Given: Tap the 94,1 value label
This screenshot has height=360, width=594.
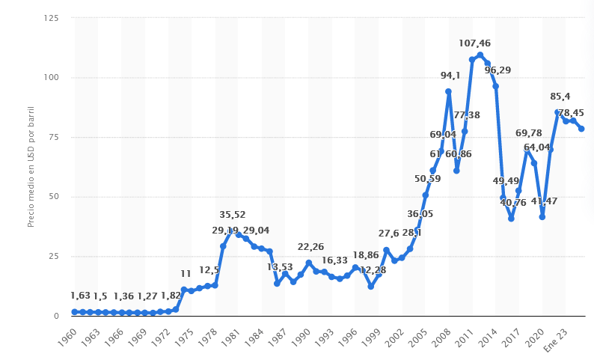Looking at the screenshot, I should (450, 75).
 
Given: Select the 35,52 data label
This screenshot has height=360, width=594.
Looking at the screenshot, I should (233, 215).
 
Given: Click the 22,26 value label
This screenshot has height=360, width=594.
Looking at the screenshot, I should (310, 247).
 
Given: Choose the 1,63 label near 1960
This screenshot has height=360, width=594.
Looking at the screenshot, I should (80, 296).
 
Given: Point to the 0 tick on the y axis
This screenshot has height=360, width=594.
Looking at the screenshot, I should (55, 317).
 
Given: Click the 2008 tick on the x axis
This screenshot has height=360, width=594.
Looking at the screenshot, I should (444, 335).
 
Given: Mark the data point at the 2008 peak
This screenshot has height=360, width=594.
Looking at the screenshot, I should (448, 91).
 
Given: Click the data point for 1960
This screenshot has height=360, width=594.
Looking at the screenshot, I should (75, 312).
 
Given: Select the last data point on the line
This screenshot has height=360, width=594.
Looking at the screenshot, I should (581, 129).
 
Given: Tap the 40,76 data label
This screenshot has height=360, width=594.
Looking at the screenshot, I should (513, 202).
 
